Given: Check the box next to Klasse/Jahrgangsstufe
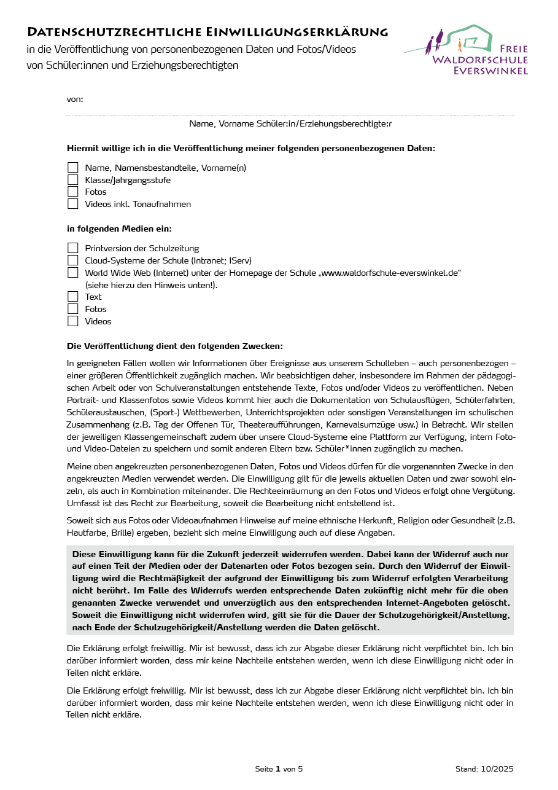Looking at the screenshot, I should pos(73,180).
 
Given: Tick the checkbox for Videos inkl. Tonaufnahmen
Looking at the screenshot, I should pos(73,204).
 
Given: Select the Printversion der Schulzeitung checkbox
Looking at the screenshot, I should pos(73,248).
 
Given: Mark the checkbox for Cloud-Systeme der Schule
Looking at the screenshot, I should pos(73,260).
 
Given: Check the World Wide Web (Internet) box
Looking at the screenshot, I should pos(73,273).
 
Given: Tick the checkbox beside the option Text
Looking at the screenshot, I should pos(73,297).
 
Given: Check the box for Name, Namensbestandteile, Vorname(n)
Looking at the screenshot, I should pos(73,168).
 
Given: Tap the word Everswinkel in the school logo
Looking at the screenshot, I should pos(490,71).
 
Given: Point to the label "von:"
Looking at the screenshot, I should pos(75,99).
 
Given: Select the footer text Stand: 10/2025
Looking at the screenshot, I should pos(484,769).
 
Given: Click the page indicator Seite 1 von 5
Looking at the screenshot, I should pos(279,769).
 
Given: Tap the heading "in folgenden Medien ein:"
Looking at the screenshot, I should pos(119,229).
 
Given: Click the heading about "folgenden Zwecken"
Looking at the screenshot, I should pos(174,346).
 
